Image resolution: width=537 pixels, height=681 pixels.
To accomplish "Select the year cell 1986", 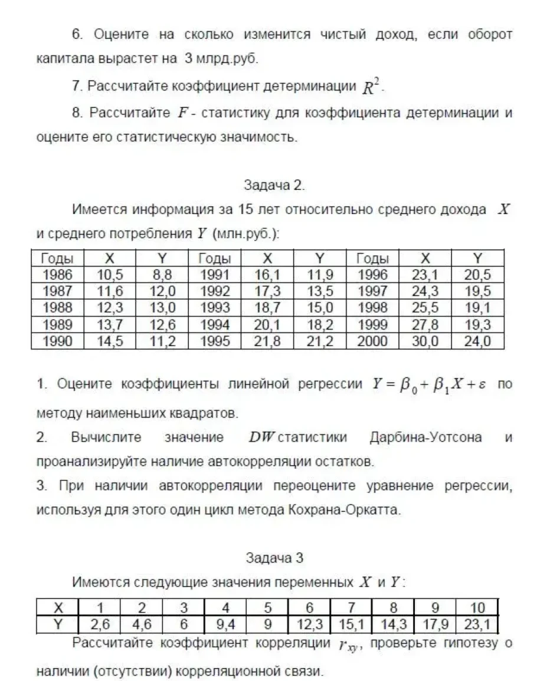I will (57, 274).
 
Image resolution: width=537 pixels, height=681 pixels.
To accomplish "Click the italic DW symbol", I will (261, 437).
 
